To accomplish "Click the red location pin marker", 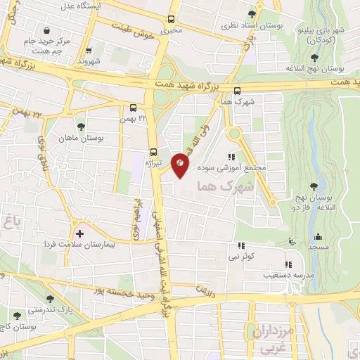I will coord(181,165).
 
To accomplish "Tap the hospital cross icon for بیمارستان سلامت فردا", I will coord(79,233).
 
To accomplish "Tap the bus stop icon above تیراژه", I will coord(154,152).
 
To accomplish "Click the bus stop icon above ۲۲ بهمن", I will coord(134,108).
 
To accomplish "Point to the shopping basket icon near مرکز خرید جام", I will coord(46,31).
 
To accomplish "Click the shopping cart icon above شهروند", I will coord(89,51).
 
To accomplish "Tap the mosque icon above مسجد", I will coord(318,236).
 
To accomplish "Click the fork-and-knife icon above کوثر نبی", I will coord(241,246).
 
